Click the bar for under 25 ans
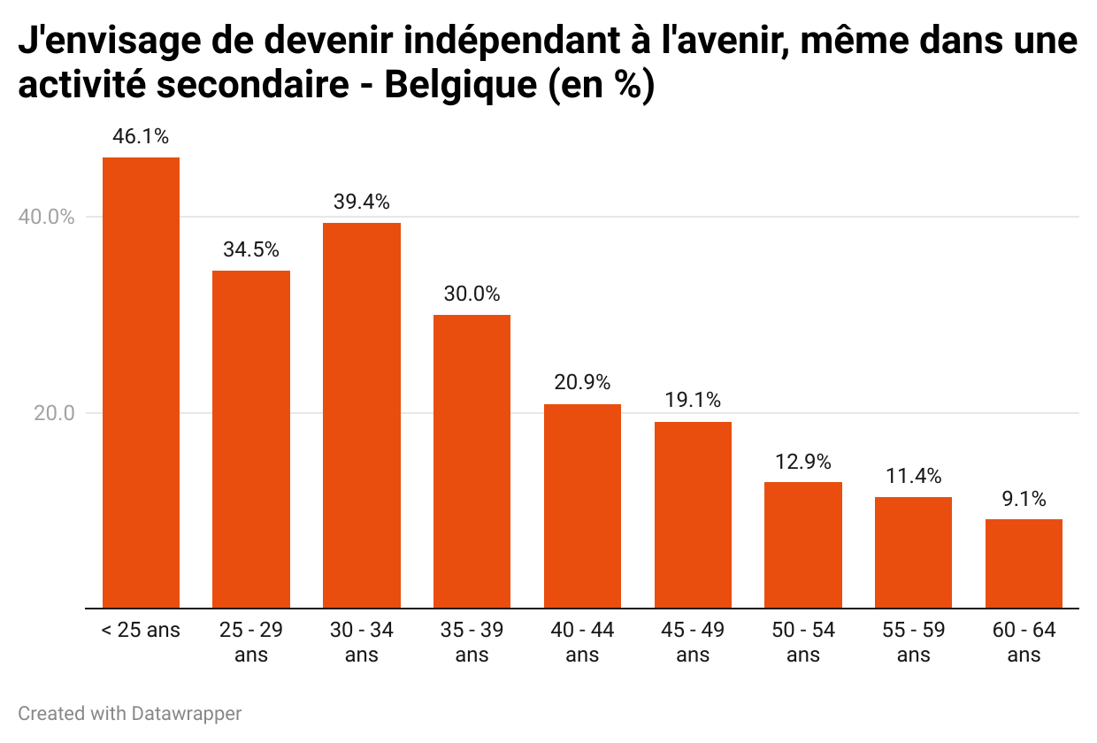coord(141,382)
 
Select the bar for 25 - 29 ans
coord(251,439)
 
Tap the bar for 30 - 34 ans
coord(362,415)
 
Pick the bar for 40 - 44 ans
coord(582,506)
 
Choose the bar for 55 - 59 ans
coord(913,553)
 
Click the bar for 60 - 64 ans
coord(1024,563)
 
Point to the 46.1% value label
coord(141,137)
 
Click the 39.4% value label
coord(362,203)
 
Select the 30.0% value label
coord(472,295)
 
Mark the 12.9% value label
coord(803,462)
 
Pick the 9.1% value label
coord(1024,499)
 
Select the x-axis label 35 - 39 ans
coord(472,642)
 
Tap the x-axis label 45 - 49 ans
coord(693,642)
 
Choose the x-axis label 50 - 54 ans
coord(803,642)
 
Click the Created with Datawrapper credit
coord(130,713)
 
